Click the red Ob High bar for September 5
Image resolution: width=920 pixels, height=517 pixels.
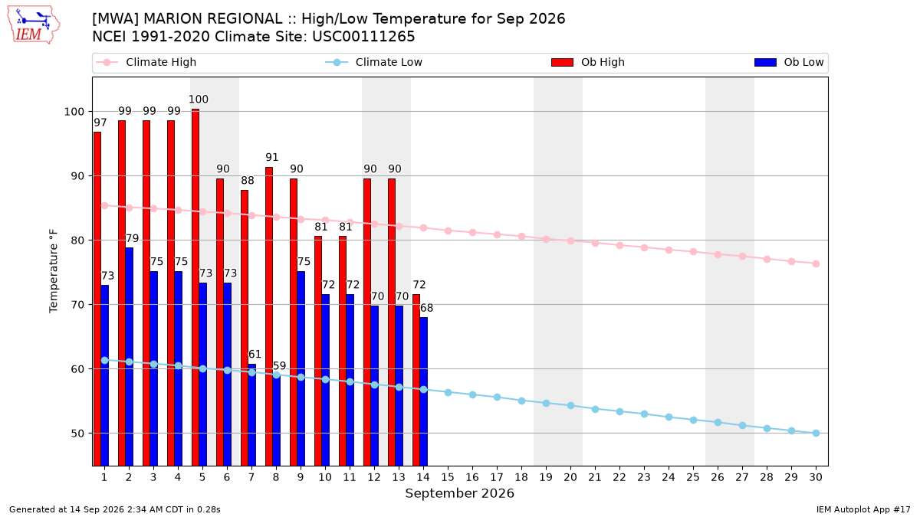pos(195,287)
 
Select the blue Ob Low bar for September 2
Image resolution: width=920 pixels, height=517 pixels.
pos(129,357)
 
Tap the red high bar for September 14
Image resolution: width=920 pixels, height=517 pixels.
pos(416,380)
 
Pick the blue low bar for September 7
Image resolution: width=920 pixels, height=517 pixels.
pos(251,415)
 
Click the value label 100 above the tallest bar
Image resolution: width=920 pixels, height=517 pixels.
pos(199,100)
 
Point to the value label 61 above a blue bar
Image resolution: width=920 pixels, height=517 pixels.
pos(255,354)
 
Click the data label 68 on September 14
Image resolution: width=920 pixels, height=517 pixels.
pos(426,308)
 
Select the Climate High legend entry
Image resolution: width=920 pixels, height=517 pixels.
pos(146,62)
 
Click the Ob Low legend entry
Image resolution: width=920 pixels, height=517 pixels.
pos(789,62)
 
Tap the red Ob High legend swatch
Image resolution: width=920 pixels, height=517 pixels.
pos(562,62)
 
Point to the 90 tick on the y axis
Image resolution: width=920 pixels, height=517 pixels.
pos(77,176)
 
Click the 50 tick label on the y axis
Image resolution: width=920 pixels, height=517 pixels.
pos(77,434)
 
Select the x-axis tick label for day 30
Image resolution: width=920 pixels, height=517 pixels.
pos(816,477)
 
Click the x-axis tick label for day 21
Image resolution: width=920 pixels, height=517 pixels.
pos(595,477)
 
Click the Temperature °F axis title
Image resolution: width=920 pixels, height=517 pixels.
pos(54,271)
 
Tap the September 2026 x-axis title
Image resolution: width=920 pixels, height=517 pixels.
pos(459,493)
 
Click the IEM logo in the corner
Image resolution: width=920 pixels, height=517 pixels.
pos(33,25)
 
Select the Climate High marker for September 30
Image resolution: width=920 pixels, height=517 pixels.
pos(816,263)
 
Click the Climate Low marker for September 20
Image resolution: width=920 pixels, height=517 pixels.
pos(570,405)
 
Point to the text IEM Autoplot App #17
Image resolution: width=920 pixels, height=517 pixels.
pos(863,509)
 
